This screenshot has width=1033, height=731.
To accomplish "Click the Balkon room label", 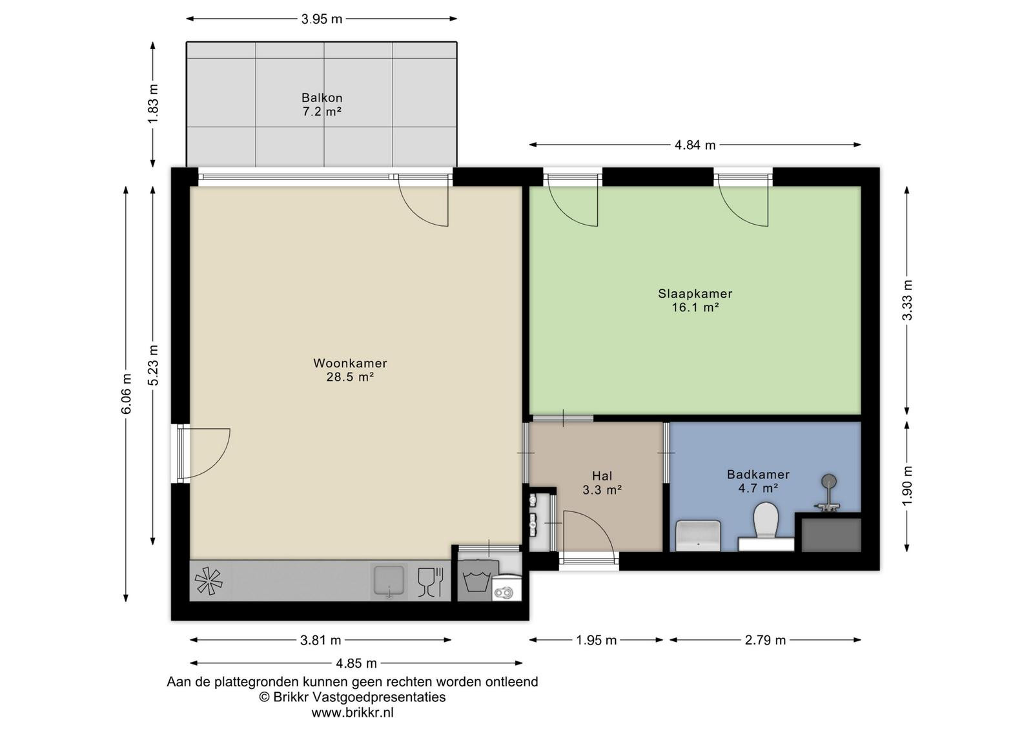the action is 322,98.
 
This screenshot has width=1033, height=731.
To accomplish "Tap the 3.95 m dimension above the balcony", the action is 322,19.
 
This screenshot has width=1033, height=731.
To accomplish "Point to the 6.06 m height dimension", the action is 127,394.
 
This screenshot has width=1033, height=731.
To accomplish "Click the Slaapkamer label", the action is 695,293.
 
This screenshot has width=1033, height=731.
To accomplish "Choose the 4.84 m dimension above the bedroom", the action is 695,145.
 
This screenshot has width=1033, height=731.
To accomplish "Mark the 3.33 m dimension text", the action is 907,300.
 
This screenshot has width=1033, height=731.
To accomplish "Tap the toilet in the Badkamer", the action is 766,520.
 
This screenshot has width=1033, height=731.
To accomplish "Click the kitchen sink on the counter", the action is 389,581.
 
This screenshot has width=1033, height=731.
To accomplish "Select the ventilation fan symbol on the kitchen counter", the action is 209,581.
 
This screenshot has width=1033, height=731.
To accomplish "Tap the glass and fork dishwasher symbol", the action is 430,582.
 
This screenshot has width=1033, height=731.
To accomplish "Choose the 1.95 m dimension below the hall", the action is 597,640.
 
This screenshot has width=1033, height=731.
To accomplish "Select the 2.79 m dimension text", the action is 765,640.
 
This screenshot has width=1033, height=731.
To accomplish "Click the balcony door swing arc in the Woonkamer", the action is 420,210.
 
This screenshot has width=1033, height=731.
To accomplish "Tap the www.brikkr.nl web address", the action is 353,712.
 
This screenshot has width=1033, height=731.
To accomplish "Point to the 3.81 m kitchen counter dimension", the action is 320,640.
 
